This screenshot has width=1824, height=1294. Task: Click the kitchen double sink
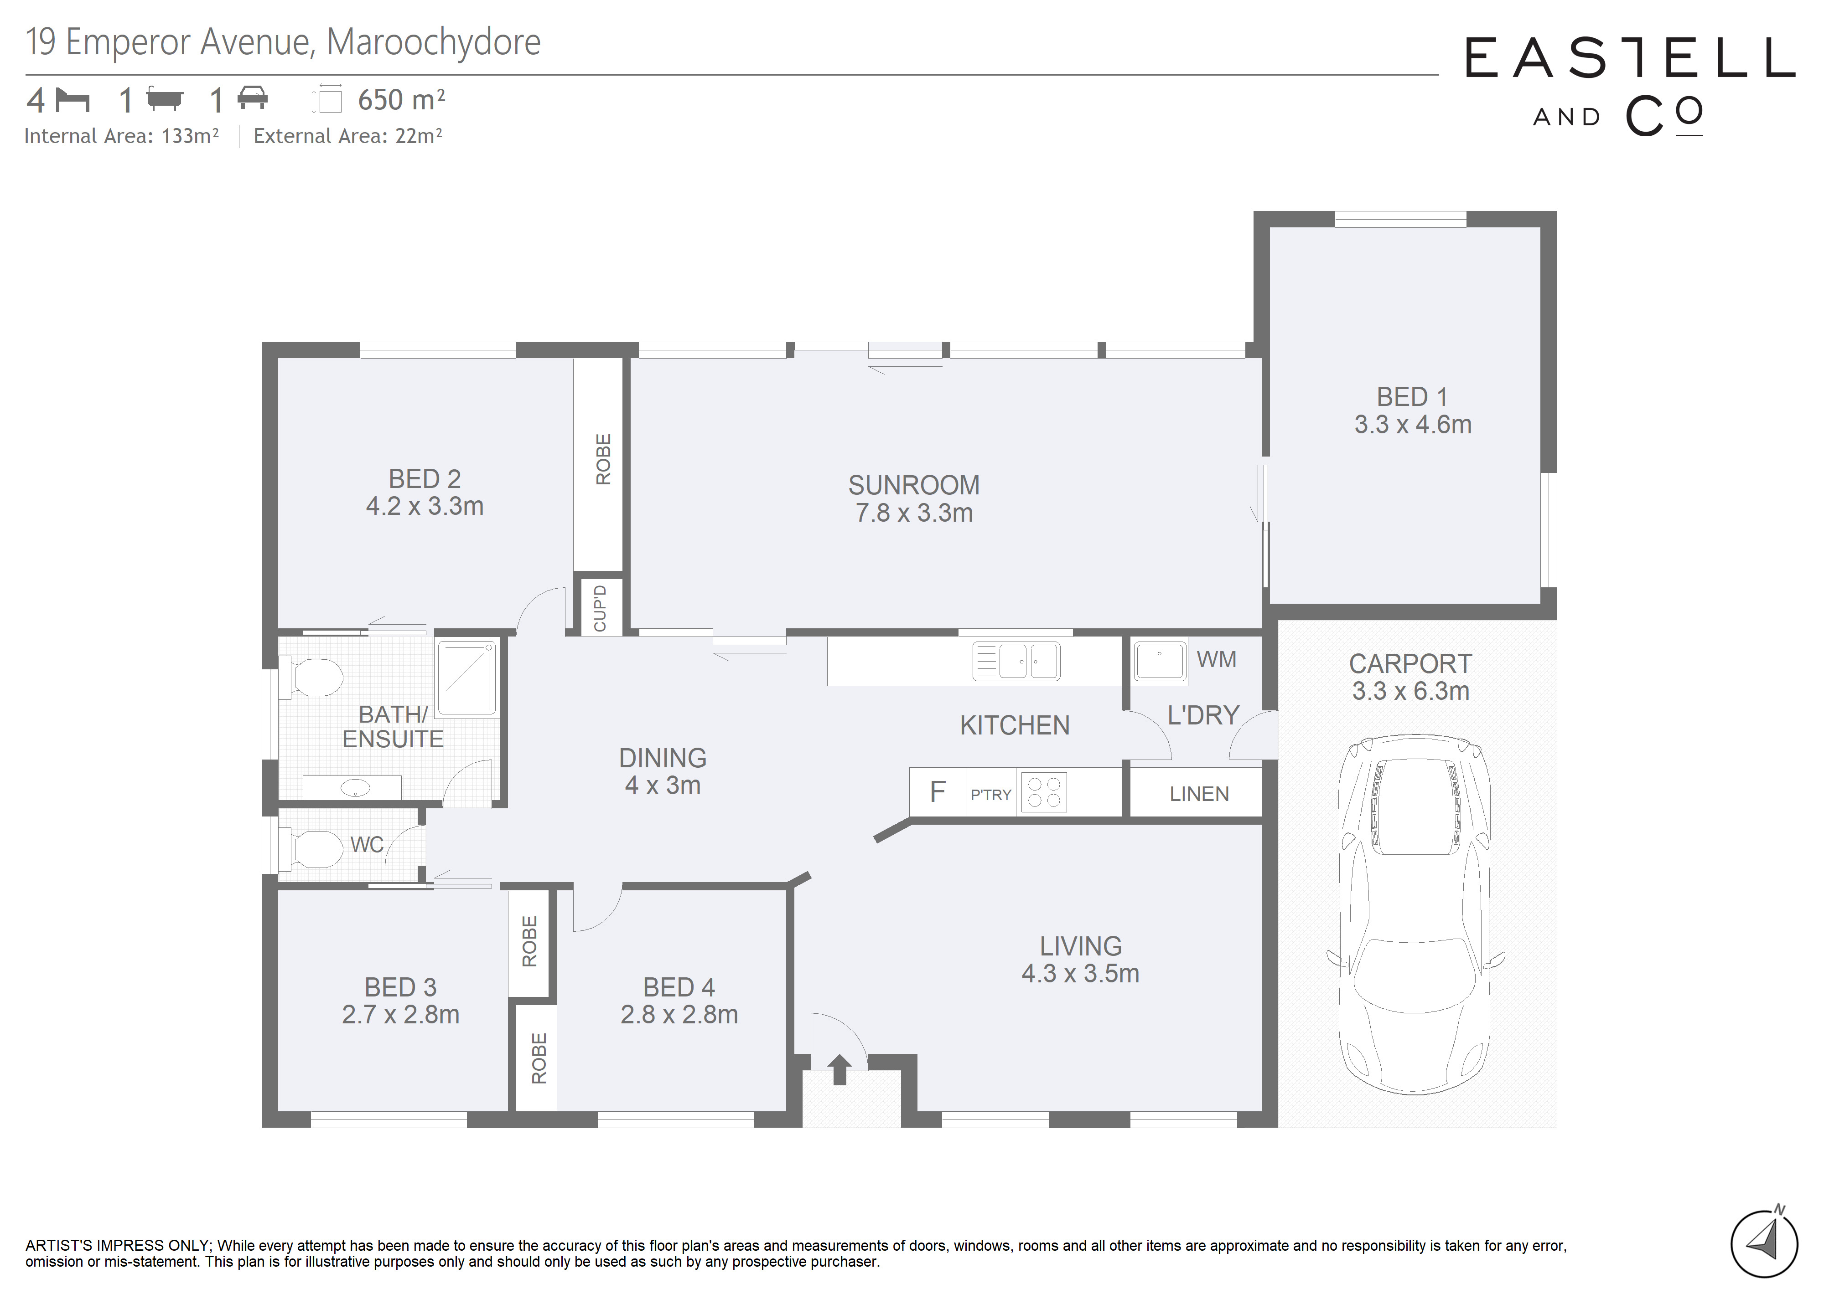click(1016, 661)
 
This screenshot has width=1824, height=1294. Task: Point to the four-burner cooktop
click(1043, 792)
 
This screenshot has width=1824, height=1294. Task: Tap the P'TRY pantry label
click(991, 795)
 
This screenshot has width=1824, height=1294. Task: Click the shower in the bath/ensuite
click(467, 677)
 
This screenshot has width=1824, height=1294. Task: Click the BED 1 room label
click(1412, 397)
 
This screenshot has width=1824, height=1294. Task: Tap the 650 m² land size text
click(401, 100)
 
